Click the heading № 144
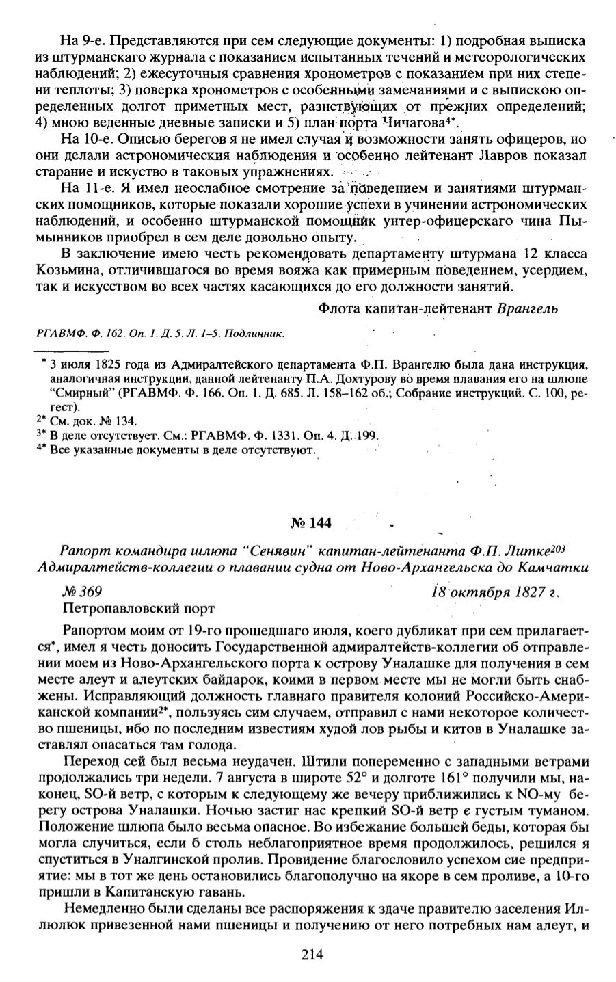tap(311, 524)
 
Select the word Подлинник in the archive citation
tap(257, 334)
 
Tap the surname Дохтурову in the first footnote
tap(309, 378)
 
